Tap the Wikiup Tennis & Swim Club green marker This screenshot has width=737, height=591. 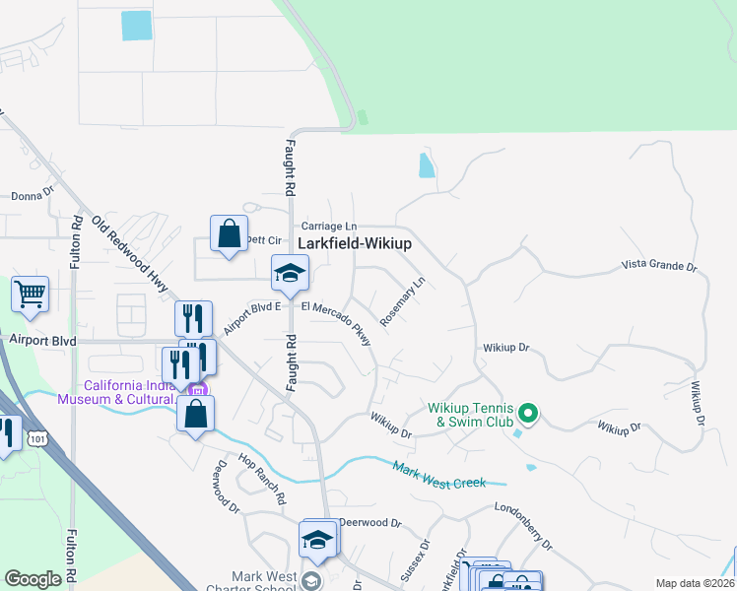527,413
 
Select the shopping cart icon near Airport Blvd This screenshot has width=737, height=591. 31,294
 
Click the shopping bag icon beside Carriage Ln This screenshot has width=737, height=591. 229,234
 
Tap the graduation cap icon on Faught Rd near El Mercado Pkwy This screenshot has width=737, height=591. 290,273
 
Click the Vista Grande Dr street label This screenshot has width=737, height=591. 659,266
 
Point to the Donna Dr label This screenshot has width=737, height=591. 33,195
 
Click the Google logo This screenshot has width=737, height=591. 33,579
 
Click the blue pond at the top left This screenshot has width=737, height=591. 137,26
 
